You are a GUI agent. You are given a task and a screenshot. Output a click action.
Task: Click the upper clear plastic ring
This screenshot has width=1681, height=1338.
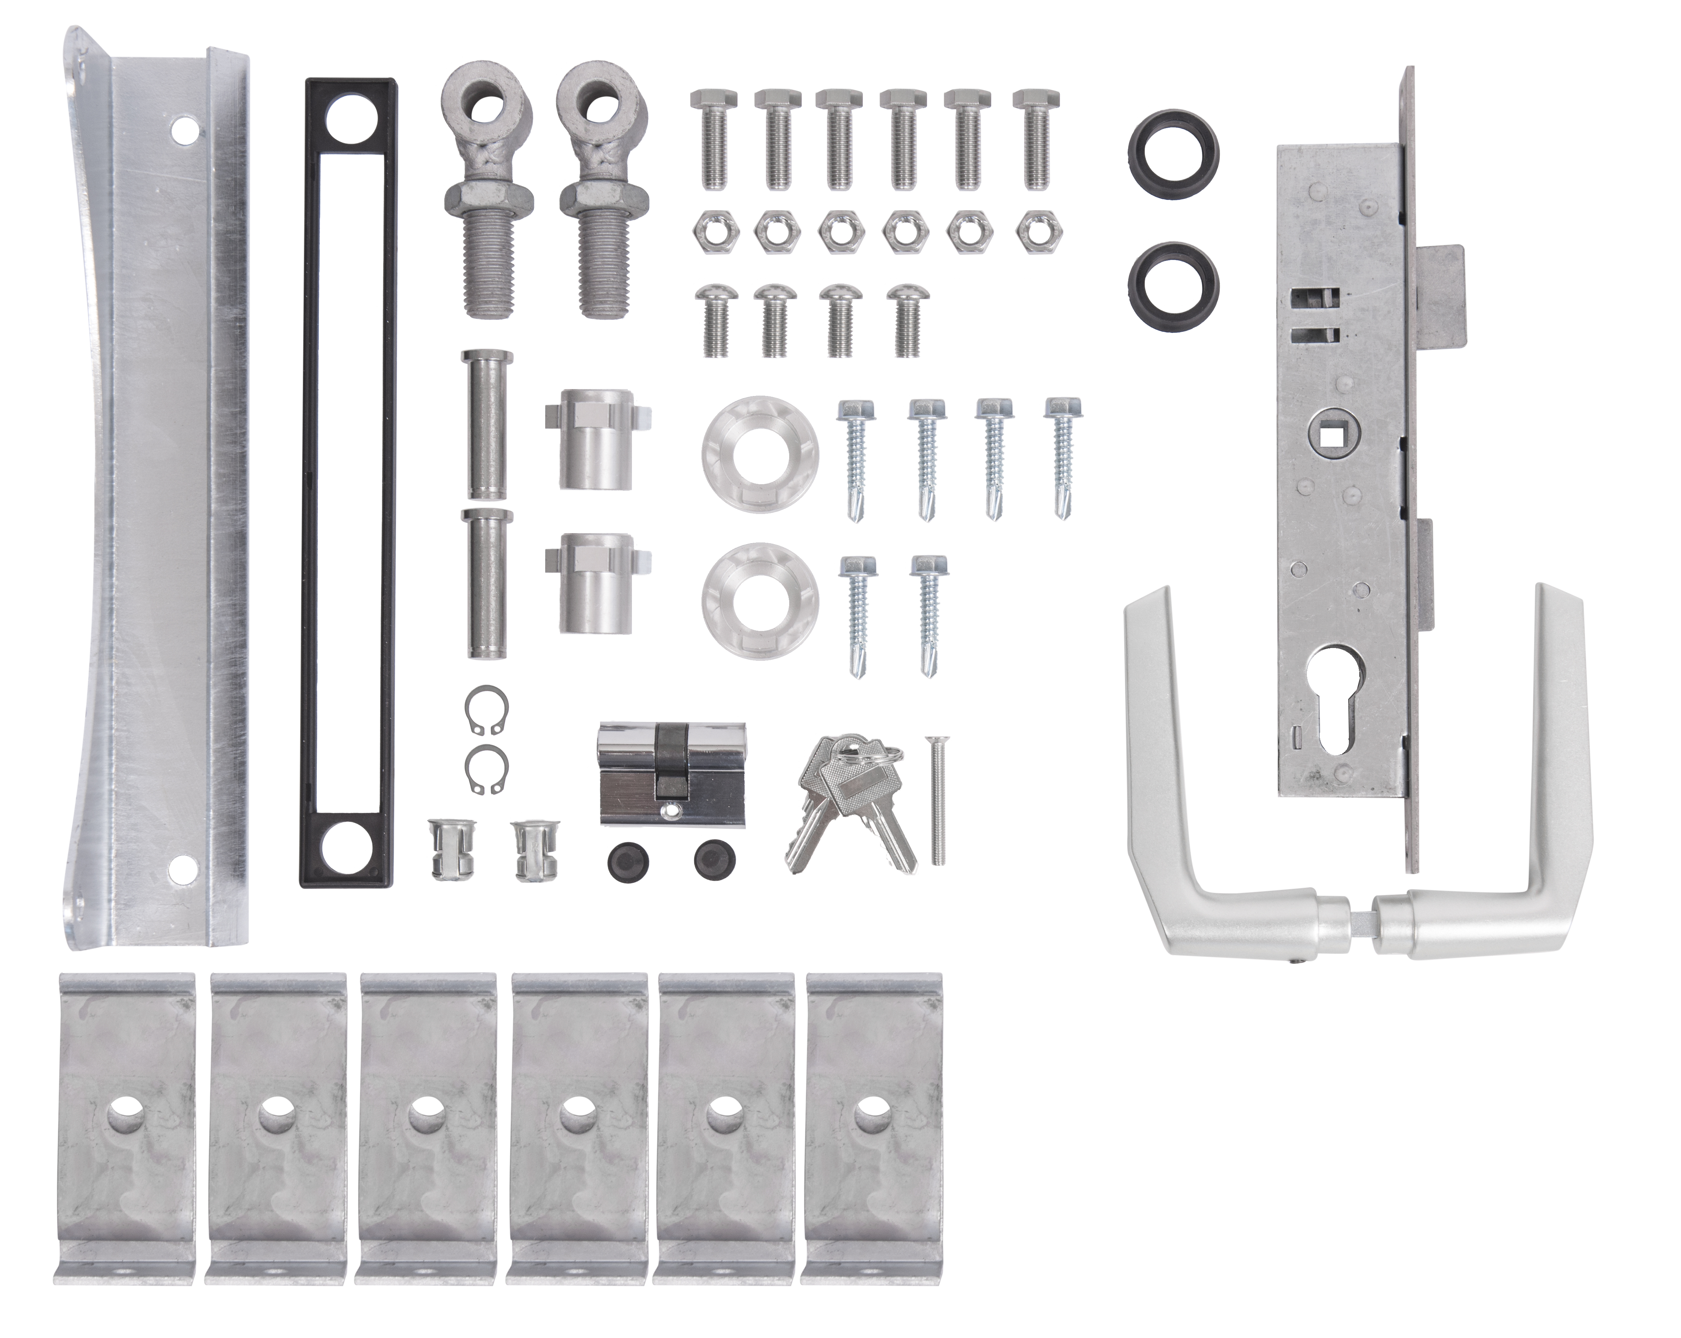click(759, 452)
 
